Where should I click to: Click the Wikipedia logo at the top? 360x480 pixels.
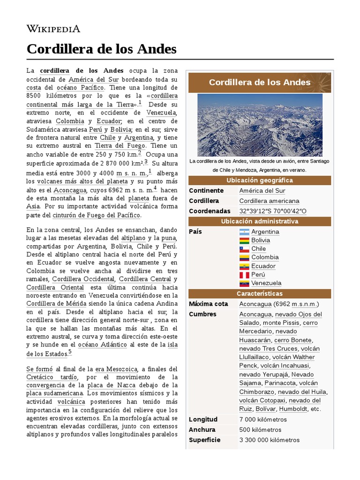click(x=53, y=29)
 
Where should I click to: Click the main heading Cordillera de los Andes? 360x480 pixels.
click(x=101, y=49)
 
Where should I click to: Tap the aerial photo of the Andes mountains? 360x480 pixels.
click(x=260, y=125)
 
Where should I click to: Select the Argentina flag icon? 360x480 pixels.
click(x=244, y=232)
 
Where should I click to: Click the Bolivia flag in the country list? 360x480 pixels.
click(x=244, y=240)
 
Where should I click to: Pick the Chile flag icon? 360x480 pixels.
click(x=244, y=249)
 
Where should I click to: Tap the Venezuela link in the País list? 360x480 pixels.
click(x=266, y=283)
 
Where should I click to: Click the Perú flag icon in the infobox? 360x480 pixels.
click(x=244, y=275)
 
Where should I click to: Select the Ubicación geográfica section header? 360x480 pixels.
click(x=259, y=180)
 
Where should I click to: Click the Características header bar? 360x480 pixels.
click(x=259, y=293)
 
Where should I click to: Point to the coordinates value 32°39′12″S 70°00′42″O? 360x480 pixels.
click(x=272, y=211)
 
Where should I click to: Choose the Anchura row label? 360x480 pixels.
click(x=202, y=430)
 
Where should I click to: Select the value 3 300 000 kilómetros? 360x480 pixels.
click(x=269, y=440)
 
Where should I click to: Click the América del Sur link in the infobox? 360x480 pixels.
click(x=262, y=191)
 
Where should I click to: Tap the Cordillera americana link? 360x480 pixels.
click(x=269, y=201)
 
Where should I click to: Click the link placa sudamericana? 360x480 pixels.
click(x=54, y=393)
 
